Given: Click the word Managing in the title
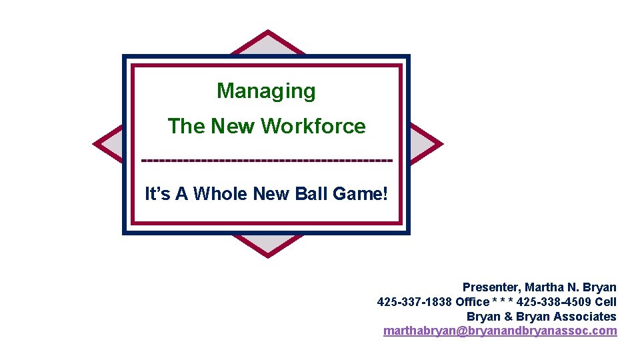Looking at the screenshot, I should [266, 91].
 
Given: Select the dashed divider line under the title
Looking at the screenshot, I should [267, 161].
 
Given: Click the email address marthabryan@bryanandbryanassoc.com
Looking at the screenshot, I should [500, 331].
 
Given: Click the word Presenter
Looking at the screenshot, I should [491, 287].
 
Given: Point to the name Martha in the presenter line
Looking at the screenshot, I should [544, 287].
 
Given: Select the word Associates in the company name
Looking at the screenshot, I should [585, 317].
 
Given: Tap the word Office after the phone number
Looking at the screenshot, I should [472, 302].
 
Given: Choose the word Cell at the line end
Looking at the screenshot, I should [606, 302].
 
